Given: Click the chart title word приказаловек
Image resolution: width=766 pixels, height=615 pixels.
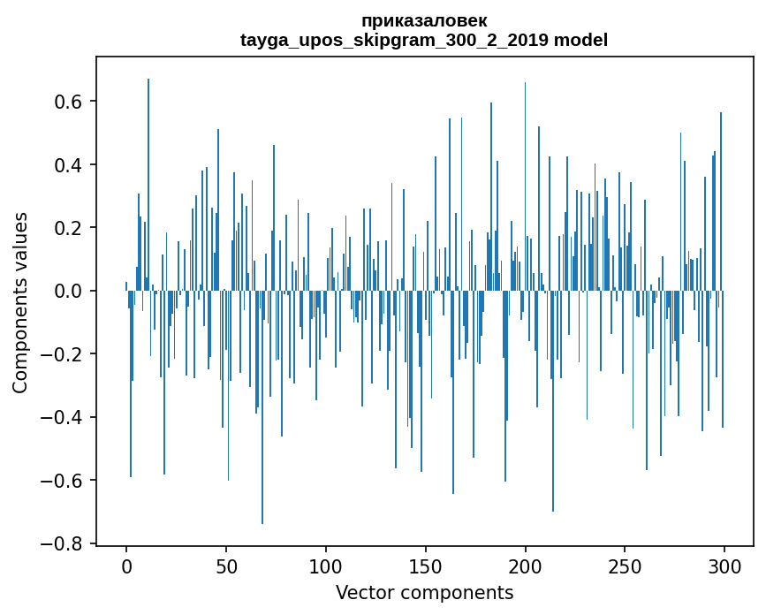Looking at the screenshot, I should (424, 20).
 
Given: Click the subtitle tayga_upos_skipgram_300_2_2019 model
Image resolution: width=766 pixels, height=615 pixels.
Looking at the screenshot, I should (424, 40).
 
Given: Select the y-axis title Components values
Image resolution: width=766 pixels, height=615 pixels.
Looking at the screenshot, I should (20, 302).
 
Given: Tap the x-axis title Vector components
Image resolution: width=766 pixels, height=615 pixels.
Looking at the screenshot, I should (424, 592).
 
